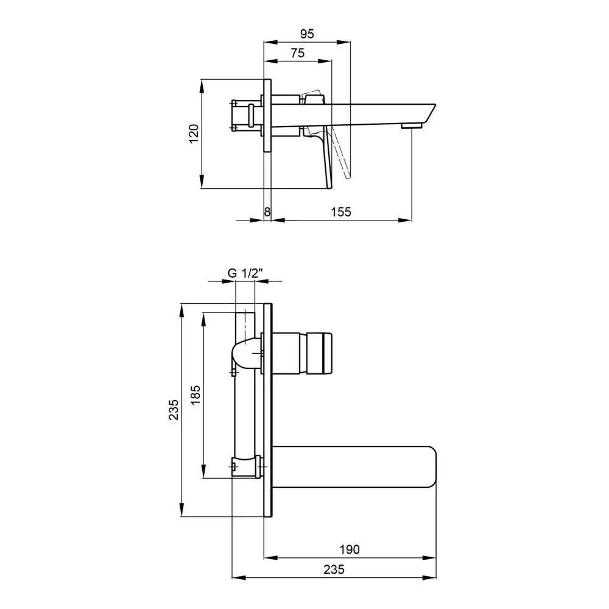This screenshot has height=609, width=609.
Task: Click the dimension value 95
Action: click(307, 33)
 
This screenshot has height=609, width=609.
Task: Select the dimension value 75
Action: click(298, 53)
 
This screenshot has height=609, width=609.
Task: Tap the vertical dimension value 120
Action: click(194, 133)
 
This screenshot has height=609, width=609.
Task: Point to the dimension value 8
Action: click(267, 212)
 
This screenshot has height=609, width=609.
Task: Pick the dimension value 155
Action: click(340, 212)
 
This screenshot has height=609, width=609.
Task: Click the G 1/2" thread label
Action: click(245, 273)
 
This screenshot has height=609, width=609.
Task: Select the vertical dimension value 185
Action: click(195, 395)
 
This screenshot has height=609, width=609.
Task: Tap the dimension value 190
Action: click(350, 549)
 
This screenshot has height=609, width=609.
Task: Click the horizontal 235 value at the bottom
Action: click(334, 569)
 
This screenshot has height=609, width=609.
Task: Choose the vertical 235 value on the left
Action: click(173, 409)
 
